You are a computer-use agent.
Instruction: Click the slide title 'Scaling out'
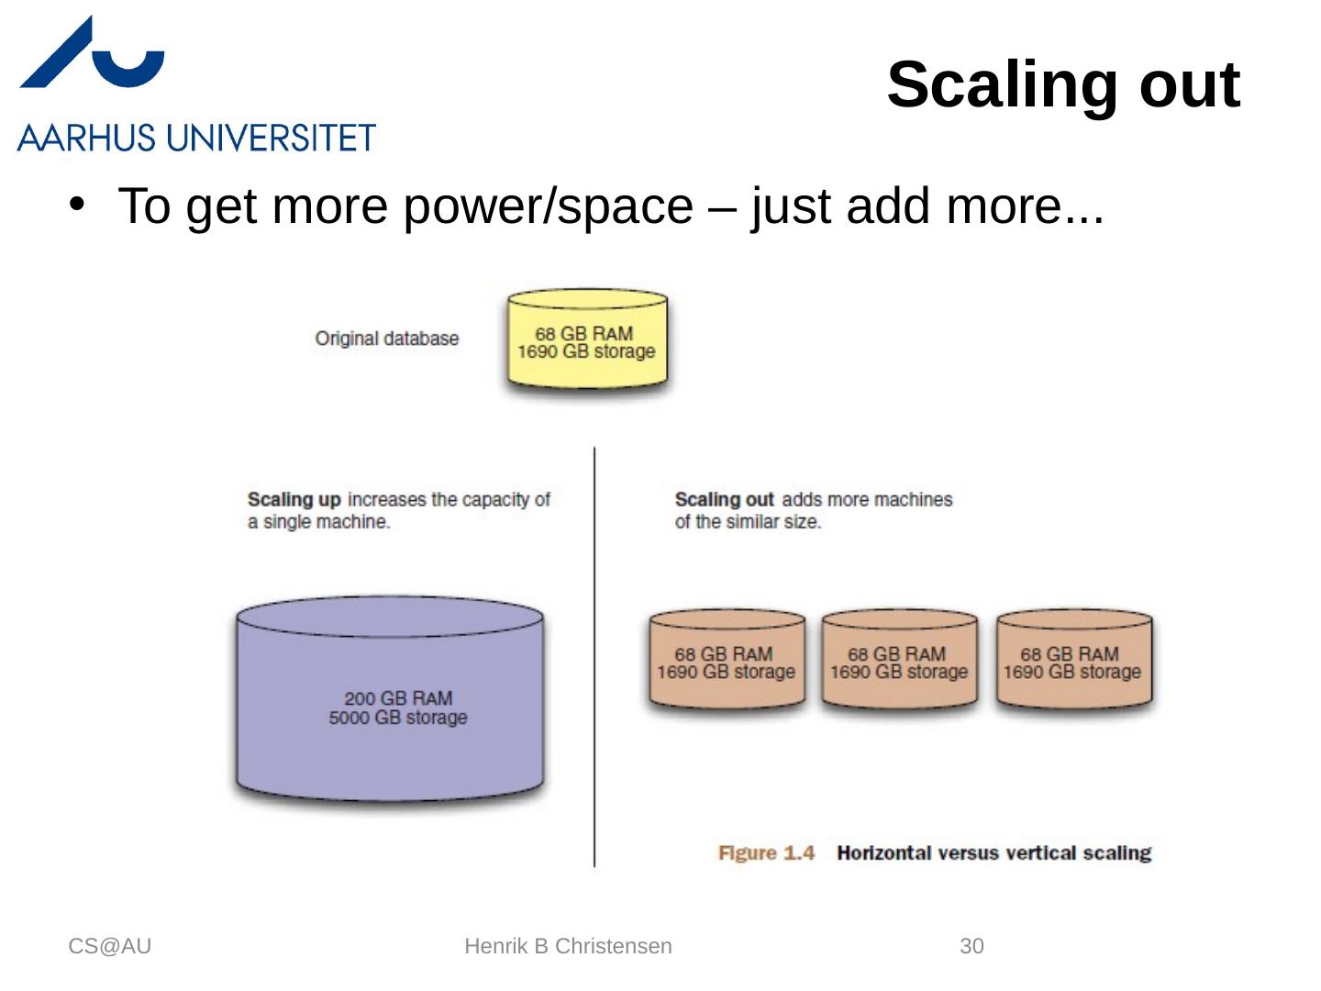pos(1062,84)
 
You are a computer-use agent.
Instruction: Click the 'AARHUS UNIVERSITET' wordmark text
pos(196,139)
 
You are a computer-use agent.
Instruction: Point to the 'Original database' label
pos(386,339)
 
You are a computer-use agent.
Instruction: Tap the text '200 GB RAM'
pos(398,698)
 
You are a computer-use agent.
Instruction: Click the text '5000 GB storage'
pos(398,718)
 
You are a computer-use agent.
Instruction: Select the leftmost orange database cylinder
pos(727,662)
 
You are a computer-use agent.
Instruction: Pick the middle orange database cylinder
pos(899,662)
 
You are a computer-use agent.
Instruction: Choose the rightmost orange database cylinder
pos(1072,662)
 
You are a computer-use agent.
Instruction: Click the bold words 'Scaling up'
pos(294,500)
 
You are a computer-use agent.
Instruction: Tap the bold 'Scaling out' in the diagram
pos(724,500)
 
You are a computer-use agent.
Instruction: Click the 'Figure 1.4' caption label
pos(766,853)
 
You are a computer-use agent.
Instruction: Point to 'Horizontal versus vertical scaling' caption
pos(994,853)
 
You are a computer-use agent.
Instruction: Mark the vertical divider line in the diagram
pos(594,656)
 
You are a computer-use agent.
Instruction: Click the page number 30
pos(971,946)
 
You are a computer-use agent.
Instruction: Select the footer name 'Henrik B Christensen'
pos(568,946)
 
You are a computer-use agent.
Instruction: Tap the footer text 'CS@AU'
pos(109,946)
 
